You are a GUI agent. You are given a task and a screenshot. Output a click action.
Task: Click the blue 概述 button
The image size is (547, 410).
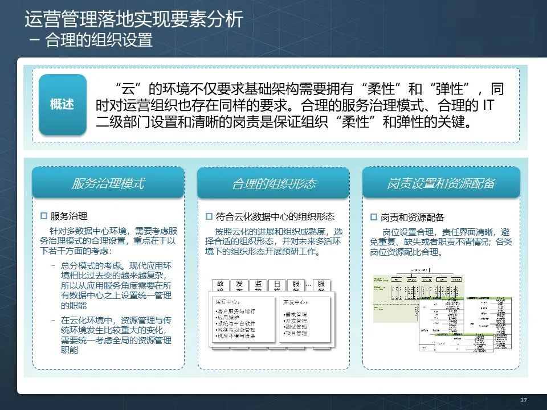point(62,105)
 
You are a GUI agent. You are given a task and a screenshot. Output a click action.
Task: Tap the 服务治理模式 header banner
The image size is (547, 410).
point(108,183)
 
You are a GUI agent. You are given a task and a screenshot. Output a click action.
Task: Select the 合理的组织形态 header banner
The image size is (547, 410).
point(273,183)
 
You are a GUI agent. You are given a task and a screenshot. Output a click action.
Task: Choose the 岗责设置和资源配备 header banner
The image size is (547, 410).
point(441,183)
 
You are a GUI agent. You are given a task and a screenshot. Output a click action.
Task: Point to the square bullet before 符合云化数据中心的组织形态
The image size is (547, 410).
point(209,216)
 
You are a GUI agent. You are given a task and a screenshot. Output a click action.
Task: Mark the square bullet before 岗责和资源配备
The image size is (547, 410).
point(374,217)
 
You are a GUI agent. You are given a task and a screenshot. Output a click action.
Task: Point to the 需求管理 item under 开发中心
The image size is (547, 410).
point(296,314)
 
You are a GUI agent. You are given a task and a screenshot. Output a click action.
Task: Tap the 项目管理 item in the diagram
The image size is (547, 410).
point(296,333)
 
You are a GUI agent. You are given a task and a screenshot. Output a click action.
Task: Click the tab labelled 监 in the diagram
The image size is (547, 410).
point(258,284)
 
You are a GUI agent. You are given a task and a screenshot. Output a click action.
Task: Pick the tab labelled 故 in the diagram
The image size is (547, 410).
point(221,284)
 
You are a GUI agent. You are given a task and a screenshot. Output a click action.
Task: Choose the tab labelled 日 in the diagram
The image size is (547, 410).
point(277,284)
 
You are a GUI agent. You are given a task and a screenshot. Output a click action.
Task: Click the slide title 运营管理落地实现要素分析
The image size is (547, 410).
point(134,20)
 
